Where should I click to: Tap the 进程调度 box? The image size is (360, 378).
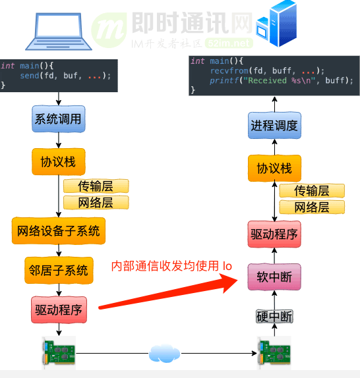click(x=274, y=125)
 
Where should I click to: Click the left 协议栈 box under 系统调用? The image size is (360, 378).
click(x=59, y=161)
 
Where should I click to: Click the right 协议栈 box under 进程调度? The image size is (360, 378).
click(x=274, y=169)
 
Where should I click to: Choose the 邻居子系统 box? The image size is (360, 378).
click(x=59, y=269)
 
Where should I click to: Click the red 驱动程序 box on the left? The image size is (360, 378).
click(x=59, y=310)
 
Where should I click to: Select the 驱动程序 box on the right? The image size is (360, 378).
click(x=274, y=234)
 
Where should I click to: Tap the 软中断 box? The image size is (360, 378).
click(x=274, y=277)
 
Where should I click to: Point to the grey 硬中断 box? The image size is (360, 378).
click(x=274, y=317)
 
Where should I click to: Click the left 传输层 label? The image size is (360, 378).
click(x=96, y=186)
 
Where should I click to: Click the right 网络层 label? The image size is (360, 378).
click(x=312, y=207)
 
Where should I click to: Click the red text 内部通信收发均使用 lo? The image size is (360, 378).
click(x=171, y=266)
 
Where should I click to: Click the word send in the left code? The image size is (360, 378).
click(x=29, y=76)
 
